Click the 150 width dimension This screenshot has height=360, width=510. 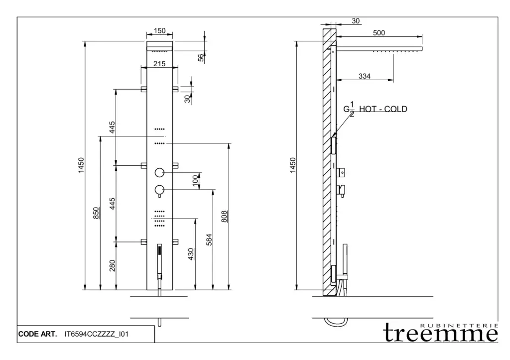click(x=159, y=31)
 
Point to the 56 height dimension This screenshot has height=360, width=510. click(x=201, y=58)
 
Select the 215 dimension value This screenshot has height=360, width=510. click(x=159, y=64)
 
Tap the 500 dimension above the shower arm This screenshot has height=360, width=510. click(x=379, y=33)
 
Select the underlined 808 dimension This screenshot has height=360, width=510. click(x=224, y=217)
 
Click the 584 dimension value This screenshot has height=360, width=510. click(x=209, y=240)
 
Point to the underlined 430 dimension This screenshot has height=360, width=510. click(x=191, y=254)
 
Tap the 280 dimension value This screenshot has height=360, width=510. click(x=112, y=266)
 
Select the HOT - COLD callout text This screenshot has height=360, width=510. click(x=383, y=109)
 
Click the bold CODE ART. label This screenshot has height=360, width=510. click(x=38, y=334)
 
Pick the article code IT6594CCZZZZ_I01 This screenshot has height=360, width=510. click(x=97, y=334)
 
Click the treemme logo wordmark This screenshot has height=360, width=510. click(x=440, y=334)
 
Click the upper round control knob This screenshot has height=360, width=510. click(x=159, y=173)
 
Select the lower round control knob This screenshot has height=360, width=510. click(x=159, y=190)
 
